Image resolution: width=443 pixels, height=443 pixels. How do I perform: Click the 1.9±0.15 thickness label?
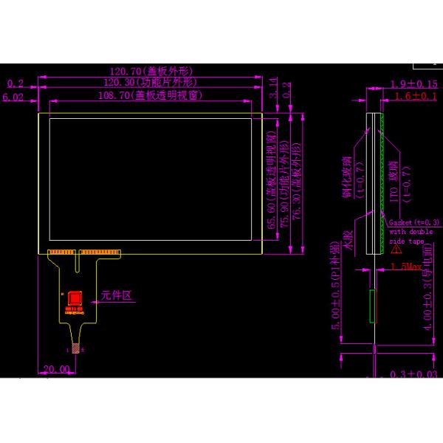click(x=414, y=83)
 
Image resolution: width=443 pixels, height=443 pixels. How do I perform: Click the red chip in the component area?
click(x=74, y=299)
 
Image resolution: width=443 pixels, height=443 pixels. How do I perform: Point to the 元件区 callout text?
click(x=116, y=295)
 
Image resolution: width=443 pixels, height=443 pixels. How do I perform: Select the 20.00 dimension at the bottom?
click(x=55, y=368)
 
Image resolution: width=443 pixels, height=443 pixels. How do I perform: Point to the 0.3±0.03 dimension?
click(x=414, y=375)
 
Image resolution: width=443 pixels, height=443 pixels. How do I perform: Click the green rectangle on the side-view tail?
click(x=373, y=305)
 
